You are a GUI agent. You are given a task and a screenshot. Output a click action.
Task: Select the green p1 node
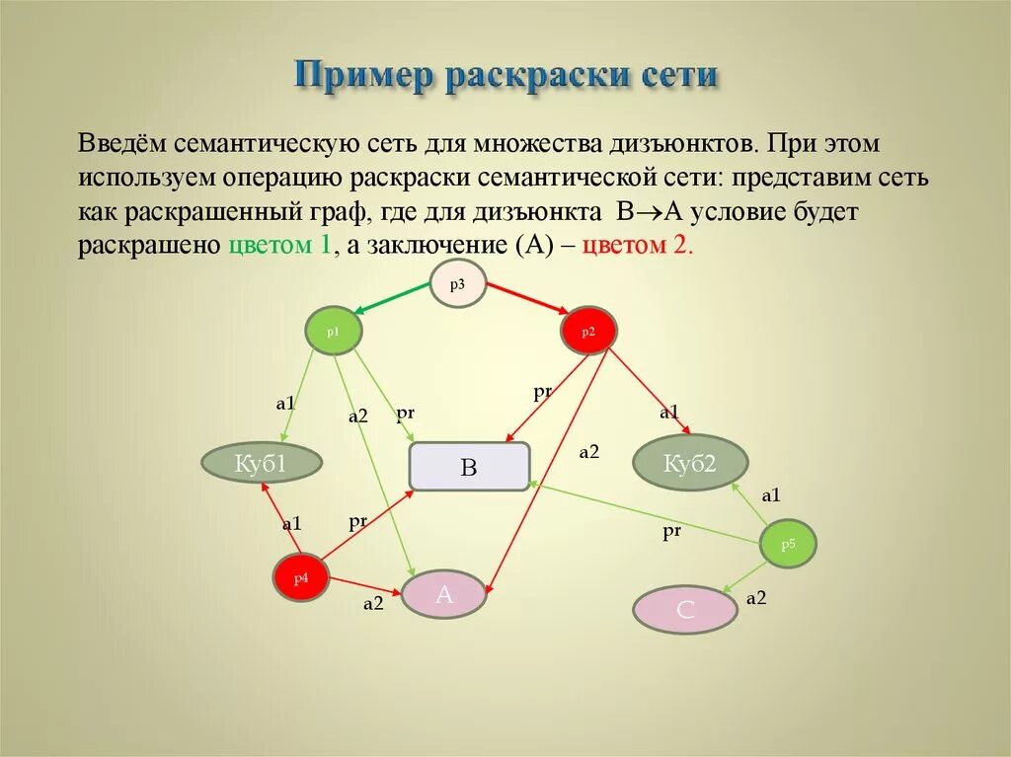[x=334, y=333]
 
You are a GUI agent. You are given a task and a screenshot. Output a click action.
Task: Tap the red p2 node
[x=588, y=332]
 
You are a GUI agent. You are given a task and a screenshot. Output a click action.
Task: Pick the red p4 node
[x=300, y=577]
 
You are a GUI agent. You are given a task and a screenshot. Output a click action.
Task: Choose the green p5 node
[x=788, y=544]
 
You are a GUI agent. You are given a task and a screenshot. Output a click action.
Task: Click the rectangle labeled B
[x=470, y=467]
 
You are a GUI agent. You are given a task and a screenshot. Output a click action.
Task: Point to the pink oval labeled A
[x=444, y=595]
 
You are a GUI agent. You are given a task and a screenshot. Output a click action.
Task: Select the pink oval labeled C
[x=685, y=610]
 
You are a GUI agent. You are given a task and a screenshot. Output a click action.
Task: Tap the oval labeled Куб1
[x=262, y=462]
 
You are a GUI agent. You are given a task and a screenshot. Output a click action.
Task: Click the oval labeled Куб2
[x=689, y=462]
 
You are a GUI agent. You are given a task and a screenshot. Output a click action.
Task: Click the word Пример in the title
[x=364, y=75]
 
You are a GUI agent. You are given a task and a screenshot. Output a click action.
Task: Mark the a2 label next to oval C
[x=756, y=597]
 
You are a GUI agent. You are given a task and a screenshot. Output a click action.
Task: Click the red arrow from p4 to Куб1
[x=280, y=517]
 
